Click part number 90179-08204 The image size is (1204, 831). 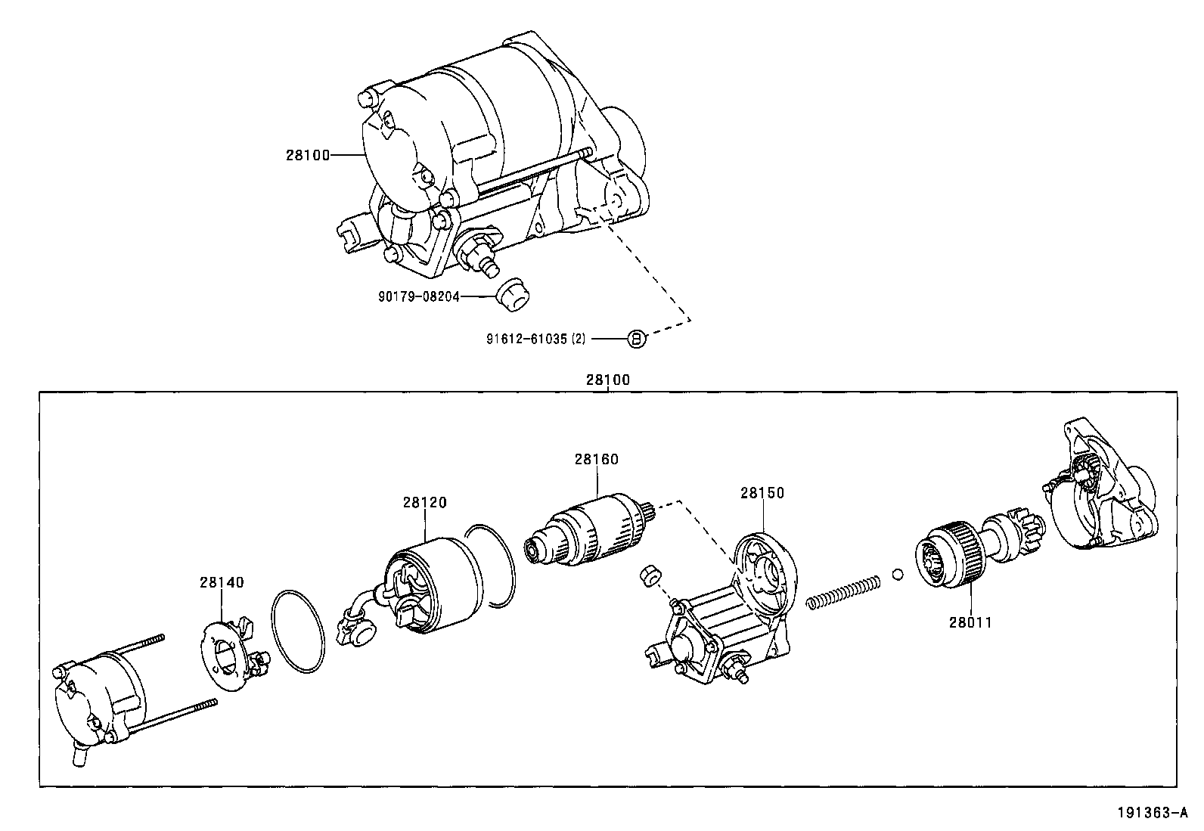(x=418, y=297)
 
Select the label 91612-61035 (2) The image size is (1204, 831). (x=535, y=340)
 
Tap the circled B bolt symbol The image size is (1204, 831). (x=637, y=340)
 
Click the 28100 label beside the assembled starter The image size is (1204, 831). (x=308, y=155)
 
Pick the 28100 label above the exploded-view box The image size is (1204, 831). (x=607, y=380)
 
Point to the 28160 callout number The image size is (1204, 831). (x=596, y=459)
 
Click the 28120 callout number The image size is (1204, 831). (x=424, y=502)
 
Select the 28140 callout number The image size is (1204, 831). (x=222, y=582)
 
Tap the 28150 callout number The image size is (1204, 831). (x=762, y=493)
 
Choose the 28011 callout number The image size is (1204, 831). (x=970, y=622)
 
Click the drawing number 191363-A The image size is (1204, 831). (x=1150, y=814)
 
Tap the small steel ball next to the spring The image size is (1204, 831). (x=898, y=575)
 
